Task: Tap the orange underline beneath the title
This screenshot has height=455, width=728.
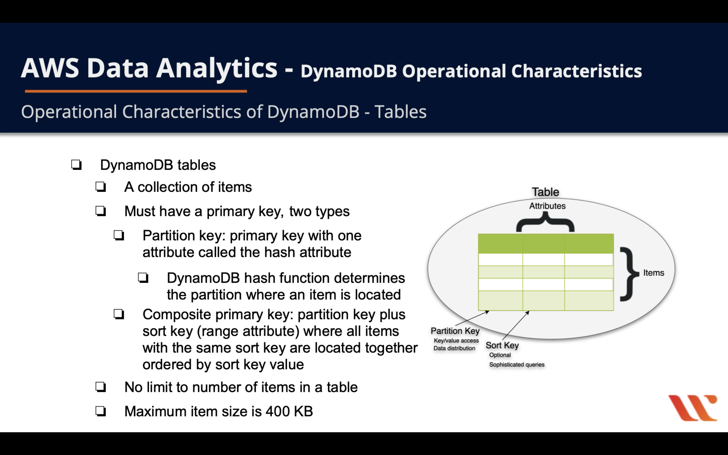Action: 136,91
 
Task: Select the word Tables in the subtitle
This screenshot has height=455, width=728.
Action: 400,112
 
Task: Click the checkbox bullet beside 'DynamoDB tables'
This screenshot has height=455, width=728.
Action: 76,165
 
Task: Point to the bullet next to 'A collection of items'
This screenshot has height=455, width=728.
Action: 101,187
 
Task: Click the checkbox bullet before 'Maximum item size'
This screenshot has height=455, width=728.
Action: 101,411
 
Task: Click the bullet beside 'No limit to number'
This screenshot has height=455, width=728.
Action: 101,387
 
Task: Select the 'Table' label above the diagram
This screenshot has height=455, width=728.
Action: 545,192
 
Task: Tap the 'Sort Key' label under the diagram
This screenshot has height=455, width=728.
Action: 502,346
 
